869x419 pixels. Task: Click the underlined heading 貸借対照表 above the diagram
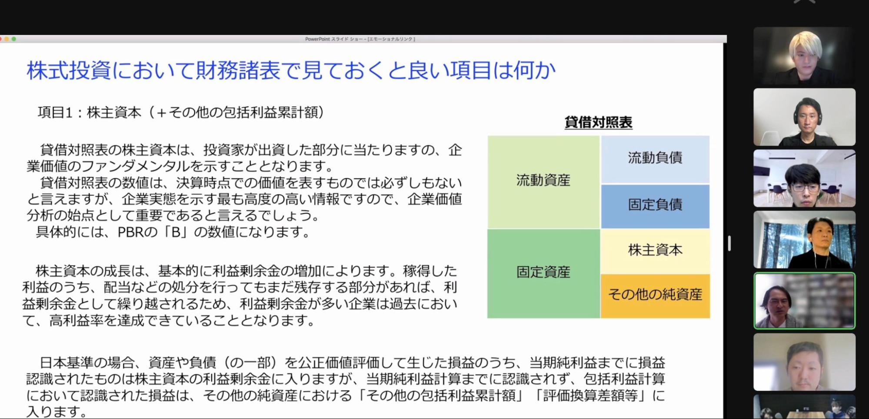[598, 122]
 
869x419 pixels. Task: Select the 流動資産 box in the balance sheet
[543, 182]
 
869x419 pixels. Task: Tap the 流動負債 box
[655, 159]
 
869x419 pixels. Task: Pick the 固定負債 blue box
[655, 206]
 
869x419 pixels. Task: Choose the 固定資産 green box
[543, 273]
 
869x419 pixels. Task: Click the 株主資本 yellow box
[655, 251]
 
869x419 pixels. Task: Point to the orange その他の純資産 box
[655, 296]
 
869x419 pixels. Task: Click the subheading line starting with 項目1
[181, 112]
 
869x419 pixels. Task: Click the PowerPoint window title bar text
[360, 39]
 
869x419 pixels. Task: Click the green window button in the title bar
[14, 39]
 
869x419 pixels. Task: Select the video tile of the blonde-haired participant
[804, 56]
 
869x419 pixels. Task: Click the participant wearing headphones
[804, 117]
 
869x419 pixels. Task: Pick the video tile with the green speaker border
[804, 301]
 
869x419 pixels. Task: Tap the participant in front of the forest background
[804, 239]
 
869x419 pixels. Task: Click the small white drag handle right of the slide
[729, 243]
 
